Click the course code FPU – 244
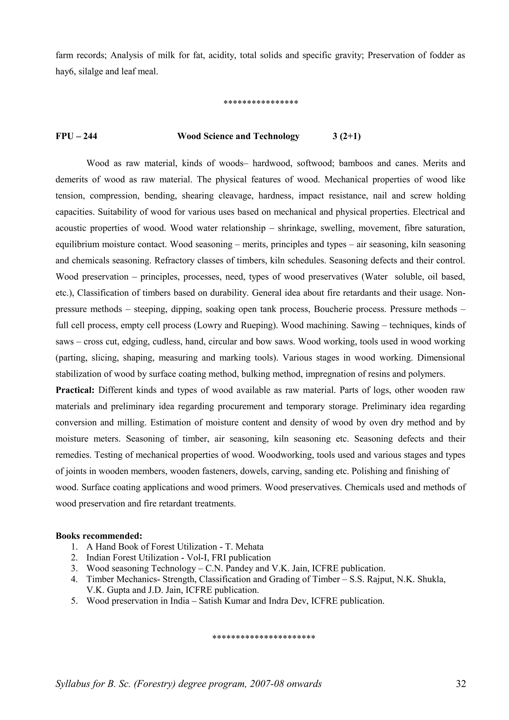coord(76,136)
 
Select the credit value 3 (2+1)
coord(346,136)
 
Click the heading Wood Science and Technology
coord(238,136)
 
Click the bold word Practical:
coord(75,390)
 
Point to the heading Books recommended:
coord(99,536)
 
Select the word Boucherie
coord(333,309)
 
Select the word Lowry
coord(210,325)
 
